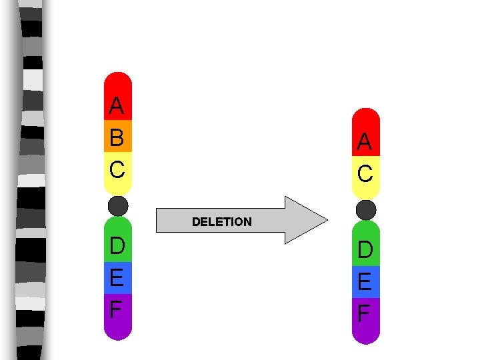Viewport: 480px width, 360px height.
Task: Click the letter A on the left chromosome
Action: [x=117, y=105]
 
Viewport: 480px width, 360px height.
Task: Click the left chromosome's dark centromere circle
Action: [x=118, y=206]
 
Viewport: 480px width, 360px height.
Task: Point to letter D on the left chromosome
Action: [x=117, y=245]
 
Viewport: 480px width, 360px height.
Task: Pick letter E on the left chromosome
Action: [x=117, y=277]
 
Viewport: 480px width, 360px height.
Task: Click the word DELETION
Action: [x=221, y=222]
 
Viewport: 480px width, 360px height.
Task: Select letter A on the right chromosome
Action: [x=364, y=141]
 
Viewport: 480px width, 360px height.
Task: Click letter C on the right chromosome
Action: [x=365, y=174]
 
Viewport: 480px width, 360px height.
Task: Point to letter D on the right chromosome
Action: [x=365, y=250]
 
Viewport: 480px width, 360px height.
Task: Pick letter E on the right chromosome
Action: [x=365, y=282]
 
